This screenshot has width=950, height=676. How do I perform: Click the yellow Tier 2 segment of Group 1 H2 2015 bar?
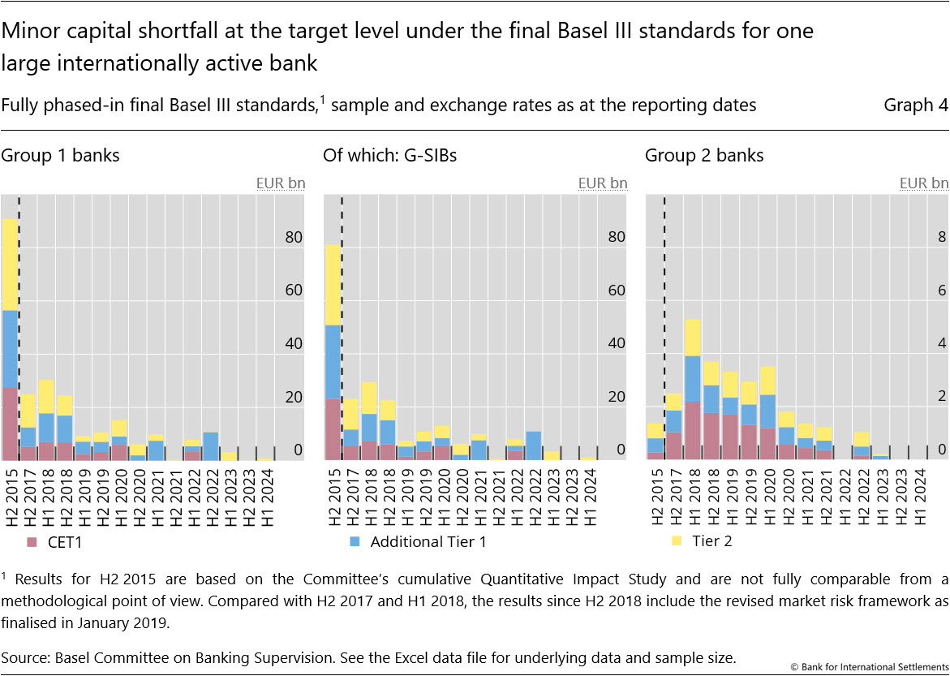pyautogui.click(x=10, y=264)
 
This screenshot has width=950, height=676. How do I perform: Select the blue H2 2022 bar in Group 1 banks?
pyautogui.click(x=210, y=446)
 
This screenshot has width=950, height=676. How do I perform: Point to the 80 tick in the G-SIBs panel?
pyautogui.click(x=617, y=237)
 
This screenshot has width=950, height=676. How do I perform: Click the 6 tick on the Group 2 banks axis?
pyautogui.click(x=942, y=291)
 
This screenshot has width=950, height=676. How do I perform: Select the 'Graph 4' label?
pyautogui.click(x=915, y=105)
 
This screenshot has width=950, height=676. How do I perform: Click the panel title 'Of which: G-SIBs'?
pyautogui.click(x=389, y=155)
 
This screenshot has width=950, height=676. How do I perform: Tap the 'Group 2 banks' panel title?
pyautogui.click(x=704, y=155)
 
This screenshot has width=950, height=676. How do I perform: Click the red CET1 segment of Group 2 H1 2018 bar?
pyautogui.click(x=692, y=430)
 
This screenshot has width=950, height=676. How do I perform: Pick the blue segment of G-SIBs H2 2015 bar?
pyautogui.click(x=332, y=361)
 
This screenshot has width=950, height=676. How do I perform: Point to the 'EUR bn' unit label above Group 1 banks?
pyautogui.click(x=281, y=183)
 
